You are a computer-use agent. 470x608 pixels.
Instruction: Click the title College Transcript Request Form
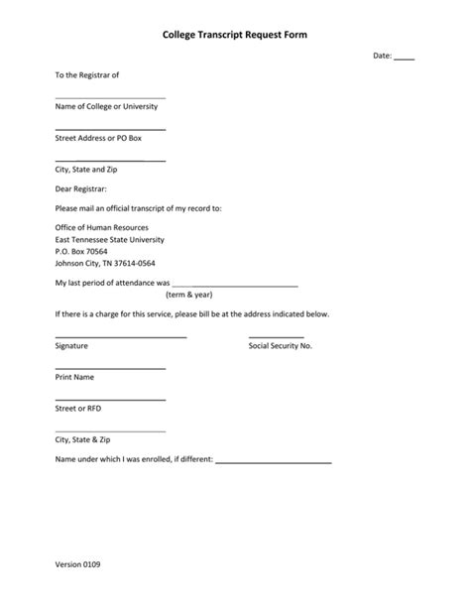pos(235,35)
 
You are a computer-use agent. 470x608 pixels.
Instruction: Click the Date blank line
pos(405,59)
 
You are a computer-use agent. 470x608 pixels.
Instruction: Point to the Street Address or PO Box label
pos(98,138)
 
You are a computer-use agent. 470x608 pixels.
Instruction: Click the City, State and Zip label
pos(86,170)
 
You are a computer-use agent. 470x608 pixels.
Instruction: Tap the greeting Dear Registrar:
pos(81,188)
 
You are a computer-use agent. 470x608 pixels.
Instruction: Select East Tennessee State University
pos(110,239)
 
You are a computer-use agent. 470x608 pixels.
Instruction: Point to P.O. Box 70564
pos(81,252)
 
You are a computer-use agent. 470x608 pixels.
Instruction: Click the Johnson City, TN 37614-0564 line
pos(105,264)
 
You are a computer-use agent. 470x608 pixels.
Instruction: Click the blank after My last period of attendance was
pos(235,285)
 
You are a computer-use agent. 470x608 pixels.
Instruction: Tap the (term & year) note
pos(188,295)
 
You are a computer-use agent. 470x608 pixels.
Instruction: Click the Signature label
pos(71,346)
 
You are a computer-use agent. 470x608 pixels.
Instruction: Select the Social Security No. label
pos(280,346)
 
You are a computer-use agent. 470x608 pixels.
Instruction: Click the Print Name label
pos(75,377)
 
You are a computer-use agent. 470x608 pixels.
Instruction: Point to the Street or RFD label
pos(78,408)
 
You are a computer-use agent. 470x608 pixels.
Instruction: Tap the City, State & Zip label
pos(82,439)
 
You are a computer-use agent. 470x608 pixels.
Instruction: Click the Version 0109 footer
pos(77,564)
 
